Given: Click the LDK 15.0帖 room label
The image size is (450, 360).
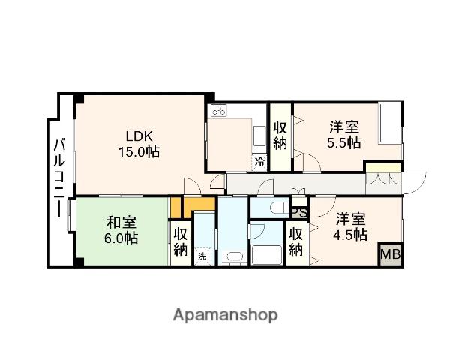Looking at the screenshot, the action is click(x=139, y=144).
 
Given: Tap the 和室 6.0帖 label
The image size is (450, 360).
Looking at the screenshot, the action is click(x=121, y=230).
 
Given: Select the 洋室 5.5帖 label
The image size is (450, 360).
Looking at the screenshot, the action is click(x=344, y=135).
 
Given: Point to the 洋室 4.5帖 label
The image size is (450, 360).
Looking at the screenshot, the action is click(x=350, y=226).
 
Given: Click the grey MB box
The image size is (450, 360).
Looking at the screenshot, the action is click(x=391, y=254).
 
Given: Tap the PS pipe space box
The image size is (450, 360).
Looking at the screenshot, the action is click(x=299, y=213).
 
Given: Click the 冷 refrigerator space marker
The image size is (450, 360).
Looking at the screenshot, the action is click(x=259, y=163).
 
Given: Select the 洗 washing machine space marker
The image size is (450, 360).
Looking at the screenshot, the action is click(x=202, y=256).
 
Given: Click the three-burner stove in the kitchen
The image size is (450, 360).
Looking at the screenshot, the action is click(x=219, y=110).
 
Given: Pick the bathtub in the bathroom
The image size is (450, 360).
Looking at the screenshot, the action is click(x=267, y=255).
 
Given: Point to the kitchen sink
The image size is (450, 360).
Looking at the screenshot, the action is click(x=260, y=136).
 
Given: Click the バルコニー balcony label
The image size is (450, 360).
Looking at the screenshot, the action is click(x=60, y=178).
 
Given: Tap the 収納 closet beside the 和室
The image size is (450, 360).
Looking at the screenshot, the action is click(x=181, y=242).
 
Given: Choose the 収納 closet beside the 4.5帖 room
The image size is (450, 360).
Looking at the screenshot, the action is click(x=296, y=241).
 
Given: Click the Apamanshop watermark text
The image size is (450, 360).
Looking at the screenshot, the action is click(x=225, y=316).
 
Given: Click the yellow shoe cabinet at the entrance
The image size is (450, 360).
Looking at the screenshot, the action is click(x=384, y=168).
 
